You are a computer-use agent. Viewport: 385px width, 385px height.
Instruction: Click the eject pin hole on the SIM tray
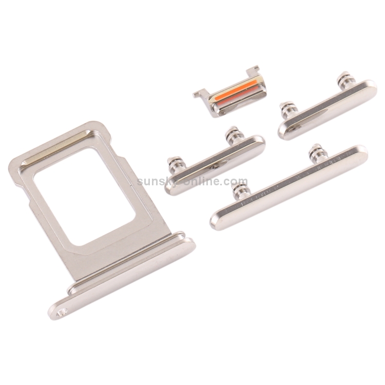click(60, 314)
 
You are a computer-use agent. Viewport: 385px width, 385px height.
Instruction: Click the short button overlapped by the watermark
click(214, 164)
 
